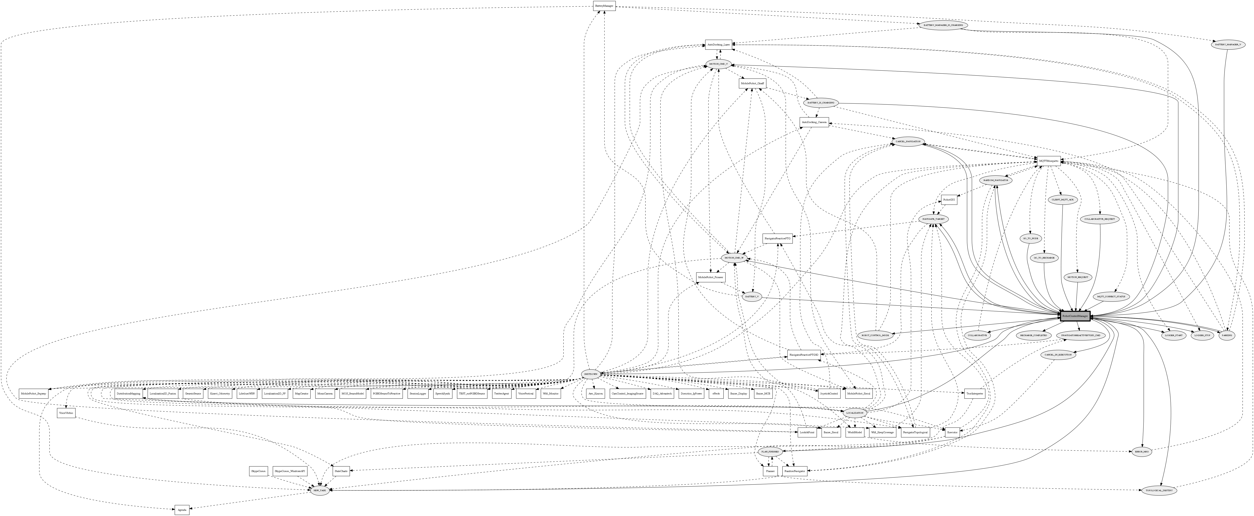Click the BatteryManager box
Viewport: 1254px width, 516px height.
604,6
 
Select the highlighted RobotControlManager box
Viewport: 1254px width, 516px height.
1075,316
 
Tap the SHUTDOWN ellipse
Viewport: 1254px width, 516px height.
591,374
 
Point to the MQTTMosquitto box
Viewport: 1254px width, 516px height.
1048,161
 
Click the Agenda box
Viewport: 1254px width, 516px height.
182,510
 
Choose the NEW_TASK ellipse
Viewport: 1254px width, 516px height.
320,491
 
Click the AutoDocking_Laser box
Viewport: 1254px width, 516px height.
718,44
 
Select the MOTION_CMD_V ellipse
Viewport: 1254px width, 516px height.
718,64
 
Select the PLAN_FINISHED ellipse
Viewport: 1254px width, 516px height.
770,452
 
